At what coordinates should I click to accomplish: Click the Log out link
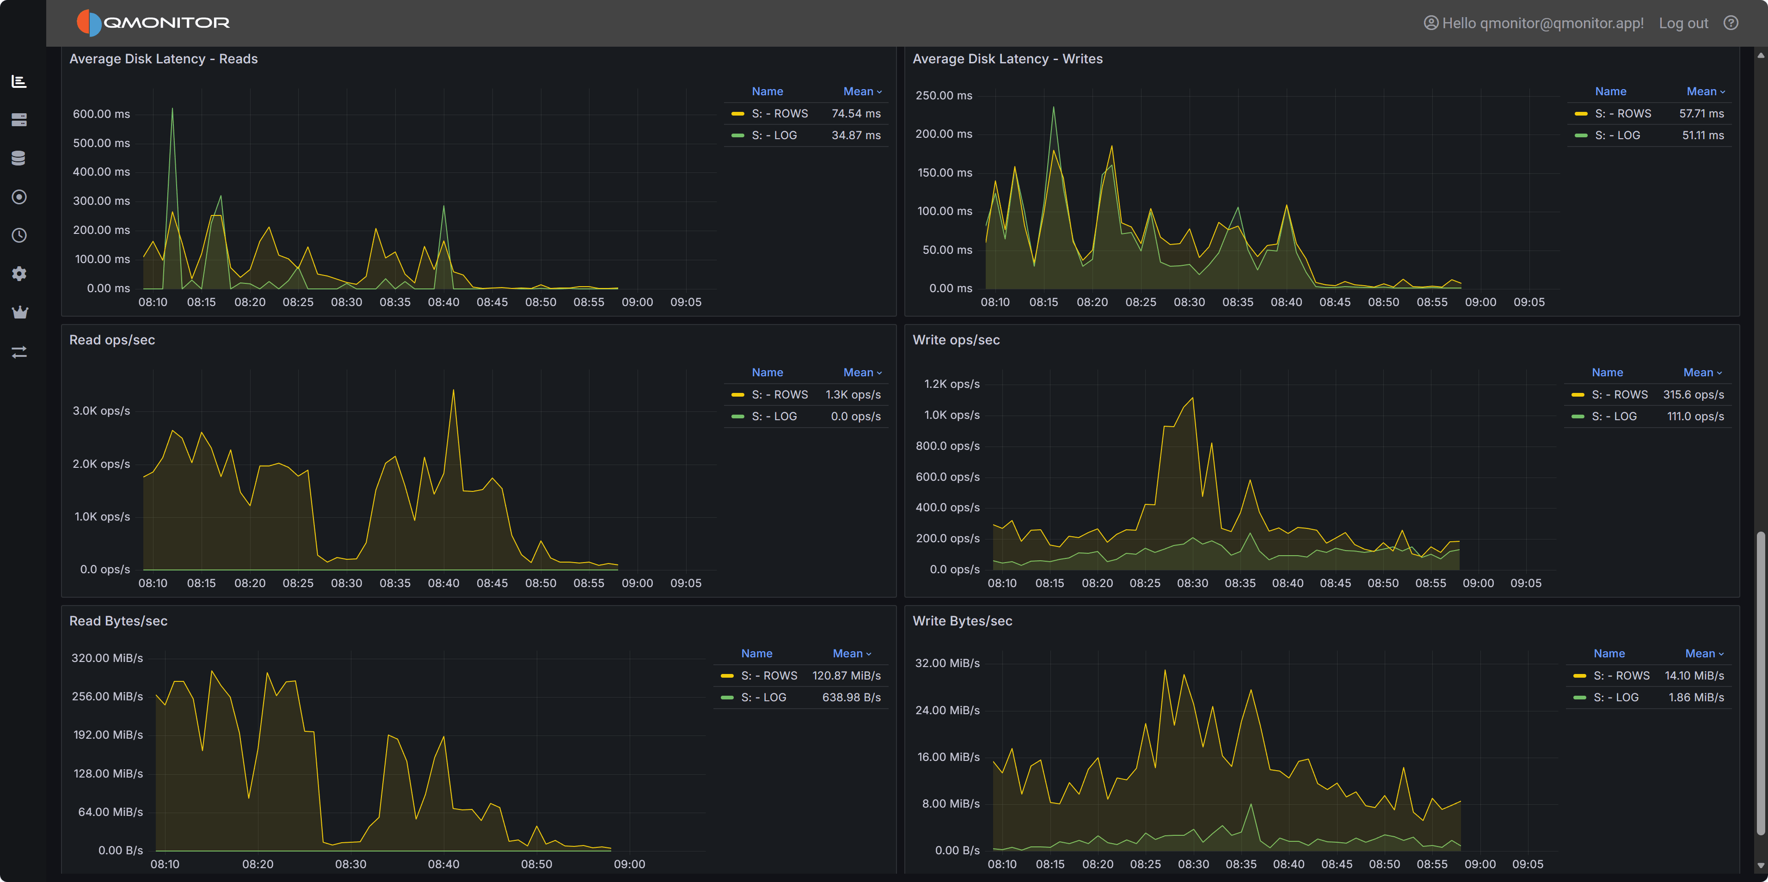(x=1683, y=23)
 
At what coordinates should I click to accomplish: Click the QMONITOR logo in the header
(x=153, y=23)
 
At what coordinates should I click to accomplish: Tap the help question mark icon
(x=1731, y=23)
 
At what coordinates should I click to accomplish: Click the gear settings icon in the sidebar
(x=19, y=274)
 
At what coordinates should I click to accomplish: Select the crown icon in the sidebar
(x=19, y=312)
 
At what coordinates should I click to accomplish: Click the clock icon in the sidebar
(x=19, y=235)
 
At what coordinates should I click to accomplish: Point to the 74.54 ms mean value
(x=855, y=113)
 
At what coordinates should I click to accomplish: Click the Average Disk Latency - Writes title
(x=1007, y=59)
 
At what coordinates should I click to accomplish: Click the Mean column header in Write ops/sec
(x=1701, y=372)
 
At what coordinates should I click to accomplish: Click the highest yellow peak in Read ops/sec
(x=453, y=391)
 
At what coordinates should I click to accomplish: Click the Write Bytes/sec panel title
(x=962, y=621)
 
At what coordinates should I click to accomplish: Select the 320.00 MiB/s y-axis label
(x=107, y=657)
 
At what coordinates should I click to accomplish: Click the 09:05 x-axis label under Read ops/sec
(x=686, y=583)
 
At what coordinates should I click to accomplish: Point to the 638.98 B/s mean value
(x=851, y=698)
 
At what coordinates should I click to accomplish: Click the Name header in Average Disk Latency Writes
(x=1610, y=91)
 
